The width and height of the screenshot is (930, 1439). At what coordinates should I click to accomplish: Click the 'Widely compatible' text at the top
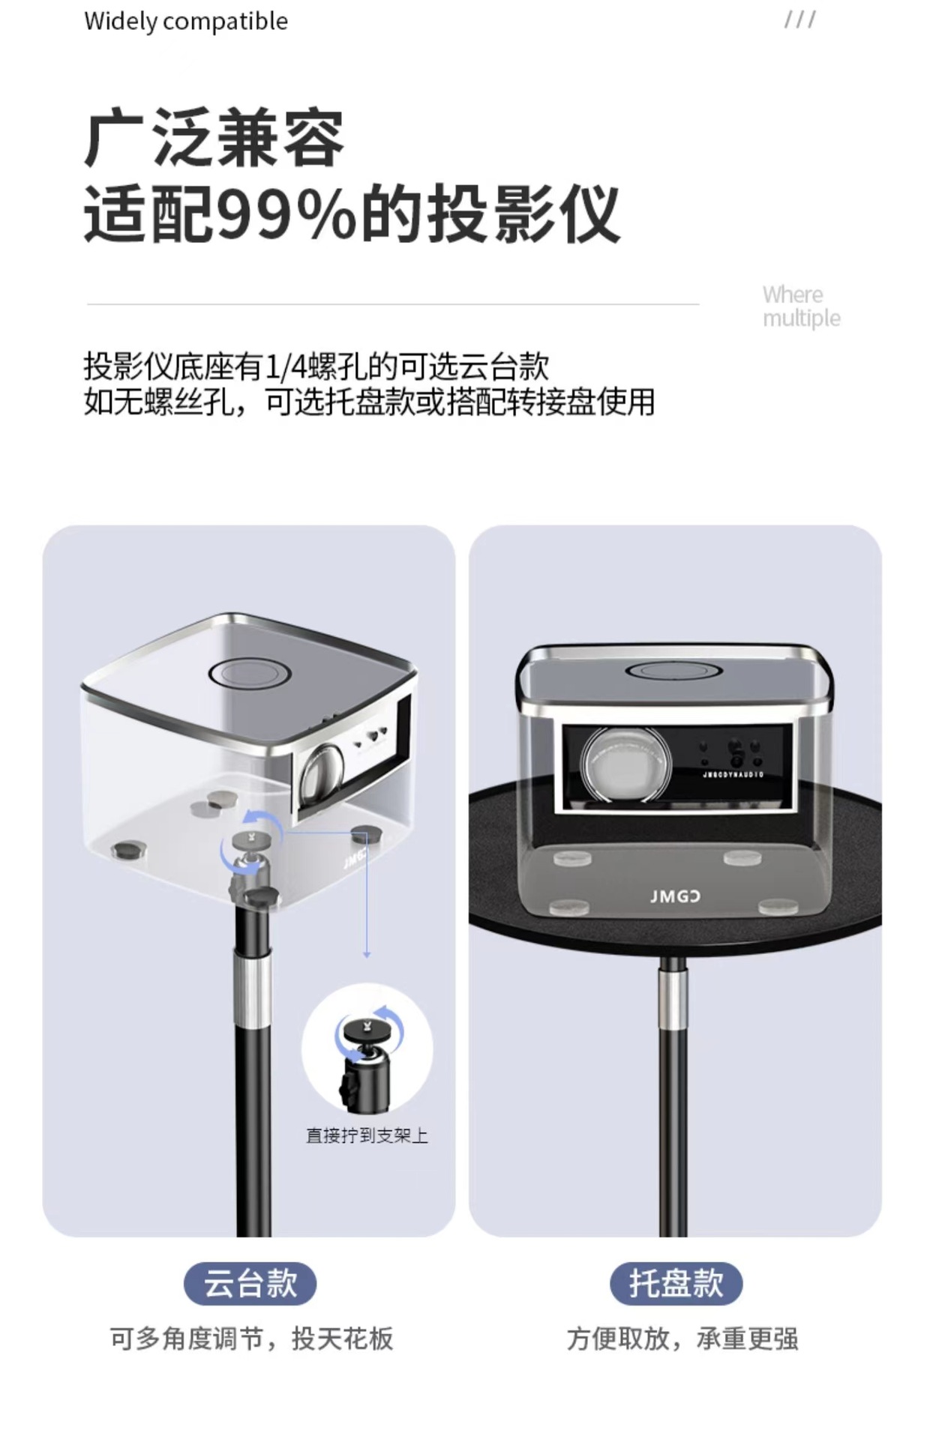(186, 21)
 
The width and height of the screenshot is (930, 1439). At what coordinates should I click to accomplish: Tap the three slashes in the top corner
(799, 19)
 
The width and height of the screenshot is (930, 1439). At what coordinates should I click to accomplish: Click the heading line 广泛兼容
(214, 139)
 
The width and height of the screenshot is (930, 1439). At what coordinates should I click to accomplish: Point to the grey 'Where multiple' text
(801, 307)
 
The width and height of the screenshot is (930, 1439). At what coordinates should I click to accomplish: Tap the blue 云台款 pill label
(250, 1284)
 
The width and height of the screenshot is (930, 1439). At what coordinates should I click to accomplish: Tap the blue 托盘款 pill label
(676, 1284)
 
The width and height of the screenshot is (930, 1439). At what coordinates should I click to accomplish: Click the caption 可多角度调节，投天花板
(251, 1339)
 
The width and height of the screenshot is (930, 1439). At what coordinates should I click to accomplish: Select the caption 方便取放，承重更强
(682, 1339)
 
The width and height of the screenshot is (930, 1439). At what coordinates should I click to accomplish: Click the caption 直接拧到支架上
(367, 1136)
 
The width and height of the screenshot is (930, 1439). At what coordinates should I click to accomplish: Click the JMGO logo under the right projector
(675, 896)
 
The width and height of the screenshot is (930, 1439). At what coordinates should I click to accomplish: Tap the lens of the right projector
(625, 764)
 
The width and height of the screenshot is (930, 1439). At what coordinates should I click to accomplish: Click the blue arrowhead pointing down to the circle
(367, 954)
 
